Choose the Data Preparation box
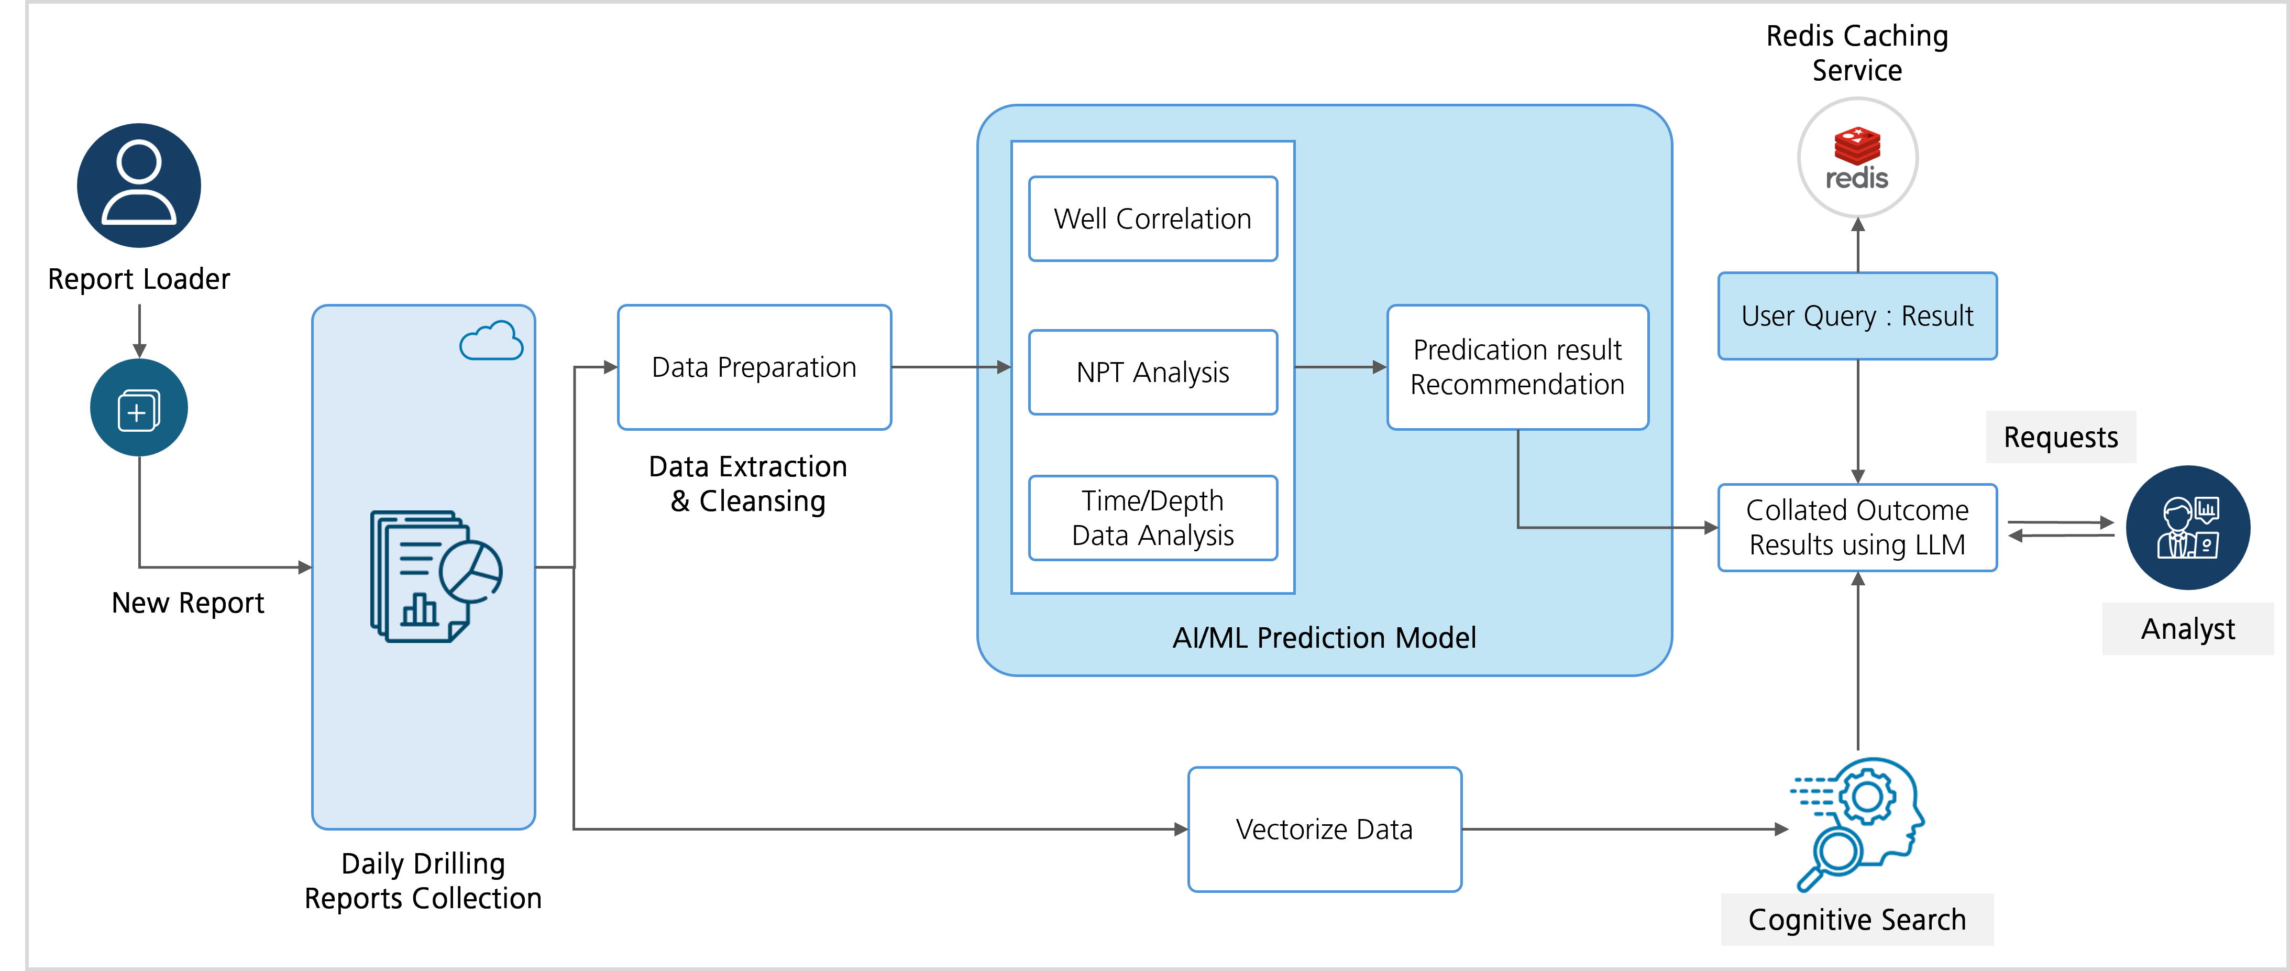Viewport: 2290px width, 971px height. [754, 367]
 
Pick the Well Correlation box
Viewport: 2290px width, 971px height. [1152, 219]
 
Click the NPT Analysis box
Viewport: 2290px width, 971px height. [1152, 373]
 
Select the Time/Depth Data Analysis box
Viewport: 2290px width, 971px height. [1152, 518]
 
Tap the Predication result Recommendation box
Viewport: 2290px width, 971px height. [1517, 367]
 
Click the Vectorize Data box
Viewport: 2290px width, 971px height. [1325, 830]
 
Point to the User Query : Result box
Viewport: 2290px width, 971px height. [1857, 315]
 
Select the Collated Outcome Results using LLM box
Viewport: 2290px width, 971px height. [1857, 527]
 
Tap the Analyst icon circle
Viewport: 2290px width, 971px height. [2188, 527]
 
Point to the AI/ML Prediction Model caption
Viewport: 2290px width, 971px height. [1324, 638]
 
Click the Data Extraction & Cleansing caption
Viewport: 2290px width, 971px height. [747, 484]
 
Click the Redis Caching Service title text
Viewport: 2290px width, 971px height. [1857, 52]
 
